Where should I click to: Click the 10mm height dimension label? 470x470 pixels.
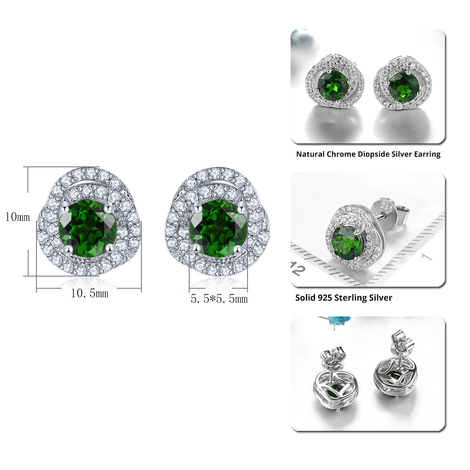coord(18,217)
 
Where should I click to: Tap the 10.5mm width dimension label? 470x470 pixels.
coord(90,293)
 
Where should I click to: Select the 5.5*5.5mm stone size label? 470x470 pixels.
coord(219,299)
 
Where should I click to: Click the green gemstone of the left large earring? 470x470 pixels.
coord(88,228)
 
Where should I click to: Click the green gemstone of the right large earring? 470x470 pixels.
coord(219,228)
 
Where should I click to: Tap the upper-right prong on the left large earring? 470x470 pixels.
coord(108,208)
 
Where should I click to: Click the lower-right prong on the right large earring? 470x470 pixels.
coord(237,249)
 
